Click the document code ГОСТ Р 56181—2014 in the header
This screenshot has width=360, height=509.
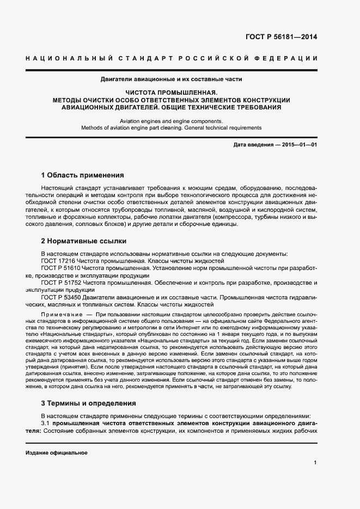point(282,38)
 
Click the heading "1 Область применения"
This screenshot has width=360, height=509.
point(83,175)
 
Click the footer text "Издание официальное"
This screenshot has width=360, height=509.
point(57,453)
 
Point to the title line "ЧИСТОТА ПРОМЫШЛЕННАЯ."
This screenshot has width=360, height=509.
point(171,93)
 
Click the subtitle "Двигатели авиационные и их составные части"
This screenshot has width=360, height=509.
point(170,79)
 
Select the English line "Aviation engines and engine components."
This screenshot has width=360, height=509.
point(171,121)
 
